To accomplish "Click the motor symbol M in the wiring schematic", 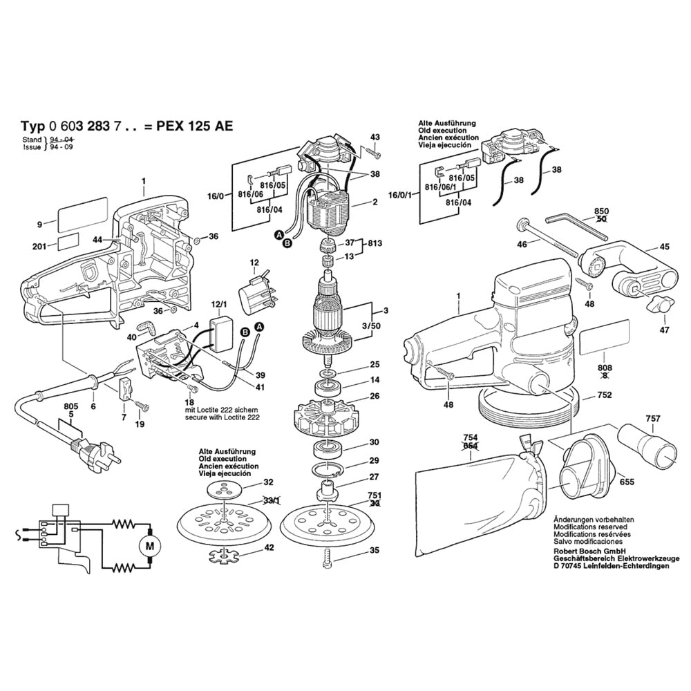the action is pos(150,547).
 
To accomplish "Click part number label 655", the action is pos(627,482).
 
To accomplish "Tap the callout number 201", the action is pos(39,247).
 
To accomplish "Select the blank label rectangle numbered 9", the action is pos(82,215).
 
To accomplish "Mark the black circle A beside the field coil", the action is pos(279,236).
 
